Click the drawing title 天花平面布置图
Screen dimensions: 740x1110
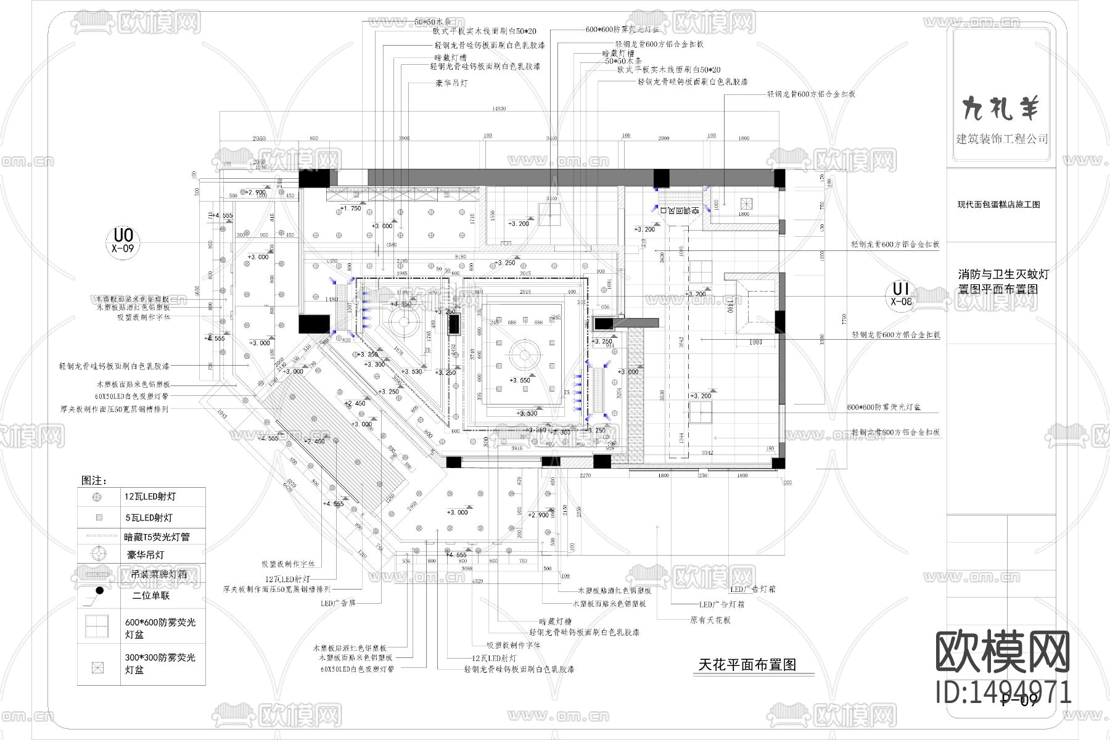pyautogui.click(x=747, y=665)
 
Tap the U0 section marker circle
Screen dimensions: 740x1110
pyautogui.click(x=123, y=240)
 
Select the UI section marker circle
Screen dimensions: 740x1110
pyautogui.click(x=902, y=294)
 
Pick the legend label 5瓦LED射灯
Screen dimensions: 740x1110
pyautogui.click(x=148, y=518)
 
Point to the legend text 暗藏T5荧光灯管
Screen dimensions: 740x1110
pyautogui.click(x=157, y=537)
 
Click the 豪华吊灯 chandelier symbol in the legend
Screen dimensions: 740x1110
pyautogui.click(x=96, y=554)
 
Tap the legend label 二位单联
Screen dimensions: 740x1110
pyautogui.click(x=151, y=596)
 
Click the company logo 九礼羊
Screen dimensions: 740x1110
pyautogui.click(x=1001, y=109)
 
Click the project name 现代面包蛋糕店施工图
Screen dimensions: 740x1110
pyautogui.click(x=998, y=205)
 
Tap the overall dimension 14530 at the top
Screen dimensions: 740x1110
pyautogui.click(x=498, y=109)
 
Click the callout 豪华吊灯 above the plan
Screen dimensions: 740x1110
pyautogui.click(x=451, y=83)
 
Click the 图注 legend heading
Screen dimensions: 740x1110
pyautogui.click(x=94, y=480)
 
